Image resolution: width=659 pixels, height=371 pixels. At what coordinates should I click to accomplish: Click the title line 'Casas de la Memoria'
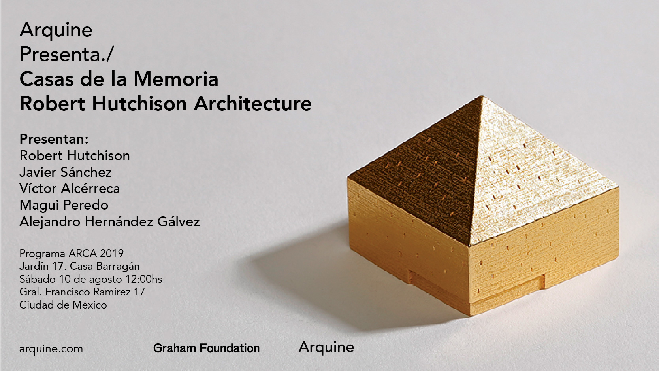click(x=119, y=79)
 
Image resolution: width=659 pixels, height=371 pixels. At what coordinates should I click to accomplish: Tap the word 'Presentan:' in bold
click(x=54, y=139)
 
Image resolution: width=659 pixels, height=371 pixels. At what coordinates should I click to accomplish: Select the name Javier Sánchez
click(x=66, y=172)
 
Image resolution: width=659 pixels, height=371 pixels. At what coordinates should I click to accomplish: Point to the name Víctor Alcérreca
click(x=70, y=188)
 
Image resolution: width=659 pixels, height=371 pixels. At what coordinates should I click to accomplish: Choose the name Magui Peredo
click(x=64, y=205)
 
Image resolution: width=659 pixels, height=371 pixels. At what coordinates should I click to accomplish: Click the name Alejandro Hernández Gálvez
click(x=110, y=221)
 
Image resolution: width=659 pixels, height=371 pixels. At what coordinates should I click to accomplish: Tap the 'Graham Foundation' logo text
click(x=207, y=348)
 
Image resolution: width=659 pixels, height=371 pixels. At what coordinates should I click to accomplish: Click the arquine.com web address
click(x=51, y=349)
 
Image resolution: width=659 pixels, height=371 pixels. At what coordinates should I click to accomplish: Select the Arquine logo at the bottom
click(x=326, y=347)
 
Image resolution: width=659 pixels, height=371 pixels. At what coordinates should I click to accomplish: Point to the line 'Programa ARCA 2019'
click(x=72, y=253)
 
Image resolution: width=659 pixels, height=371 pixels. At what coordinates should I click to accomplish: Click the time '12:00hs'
click(x=144, y=279)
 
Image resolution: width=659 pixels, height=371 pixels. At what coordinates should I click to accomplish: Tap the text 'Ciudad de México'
click(x=63, y=305)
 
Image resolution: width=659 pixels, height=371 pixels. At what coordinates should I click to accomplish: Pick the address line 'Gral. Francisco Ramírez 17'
click(x=82, y=292)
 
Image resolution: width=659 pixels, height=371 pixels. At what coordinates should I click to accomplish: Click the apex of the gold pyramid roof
click(x=482, y=96)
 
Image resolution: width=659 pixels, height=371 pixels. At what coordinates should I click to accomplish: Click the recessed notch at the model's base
click(x=476, y=283)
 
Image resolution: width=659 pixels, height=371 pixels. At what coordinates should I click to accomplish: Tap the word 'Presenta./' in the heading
click(x=66, y=54)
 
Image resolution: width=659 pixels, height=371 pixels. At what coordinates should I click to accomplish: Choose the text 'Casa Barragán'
click(x=105, y=266)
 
